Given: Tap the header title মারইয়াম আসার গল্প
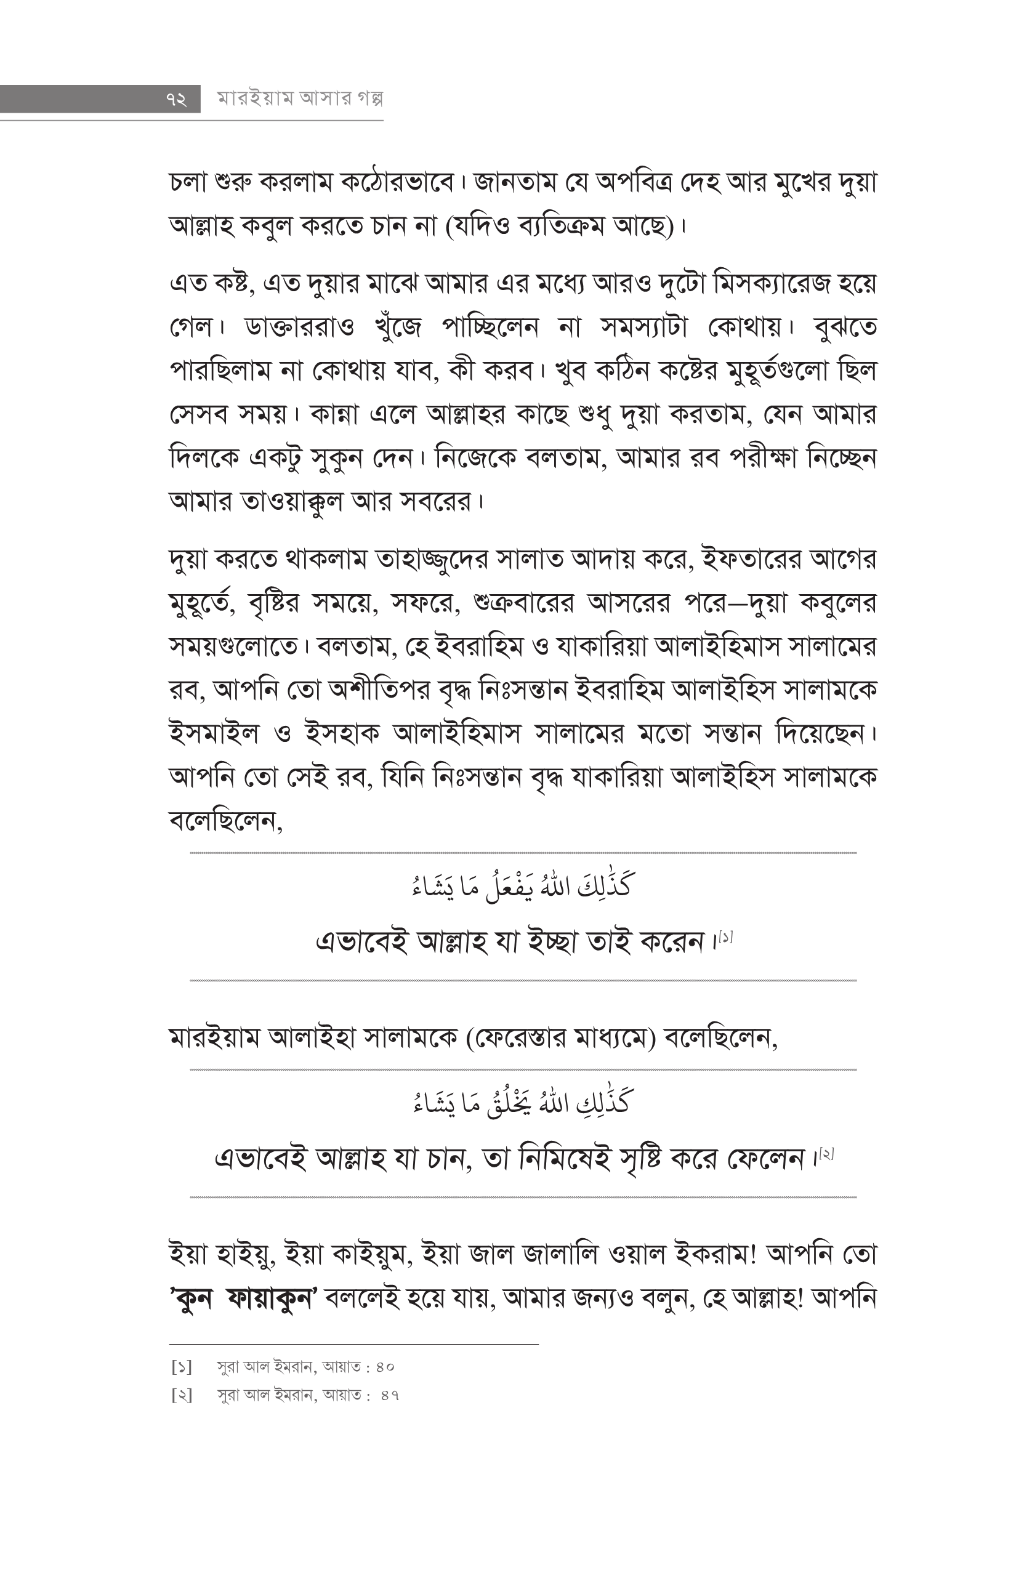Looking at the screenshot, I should [301, 99].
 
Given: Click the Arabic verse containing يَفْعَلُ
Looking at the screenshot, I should [521, 887].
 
